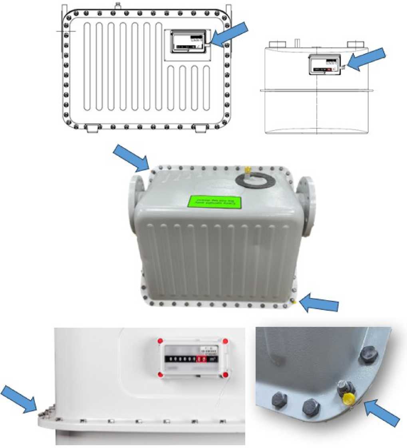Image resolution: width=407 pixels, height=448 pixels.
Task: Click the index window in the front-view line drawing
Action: click(x=188, y=41)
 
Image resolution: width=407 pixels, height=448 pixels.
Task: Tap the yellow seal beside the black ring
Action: click(x=247, y=169)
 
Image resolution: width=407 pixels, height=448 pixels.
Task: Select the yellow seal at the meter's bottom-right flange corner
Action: click(x=294, y=301)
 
